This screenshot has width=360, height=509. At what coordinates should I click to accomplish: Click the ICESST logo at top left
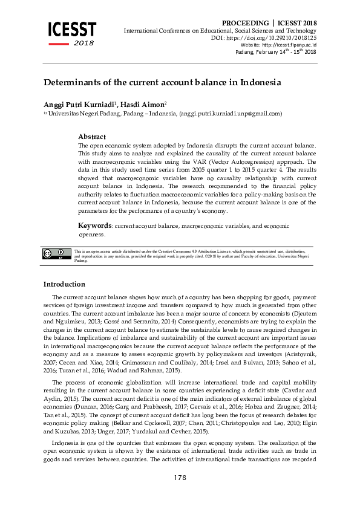pos(72,31)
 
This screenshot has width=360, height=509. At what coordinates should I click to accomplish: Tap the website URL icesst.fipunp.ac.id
pos(290,45)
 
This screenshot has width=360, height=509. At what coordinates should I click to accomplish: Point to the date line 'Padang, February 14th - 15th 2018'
pos(275,52)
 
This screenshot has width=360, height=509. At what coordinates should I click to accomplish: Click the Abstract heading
pos(92,137)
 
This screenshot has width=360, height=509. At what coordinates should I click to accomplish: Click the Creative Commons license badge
pos(56,254)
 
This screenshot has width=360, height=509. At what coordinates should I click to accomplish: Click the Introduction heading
pos(64,284)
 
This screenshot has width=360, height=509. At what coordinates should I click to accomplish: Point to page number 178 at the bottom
pos(180,478)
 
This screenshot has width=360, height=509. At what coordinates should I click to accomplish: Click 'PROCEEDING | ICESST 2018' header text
pos(269,23)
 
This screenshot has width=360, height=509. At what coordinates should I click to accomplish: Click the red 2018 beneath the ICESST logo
pos(84,44)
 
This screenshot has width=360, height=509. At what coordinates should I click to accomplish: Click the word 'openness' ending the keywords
pos(91,234)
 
